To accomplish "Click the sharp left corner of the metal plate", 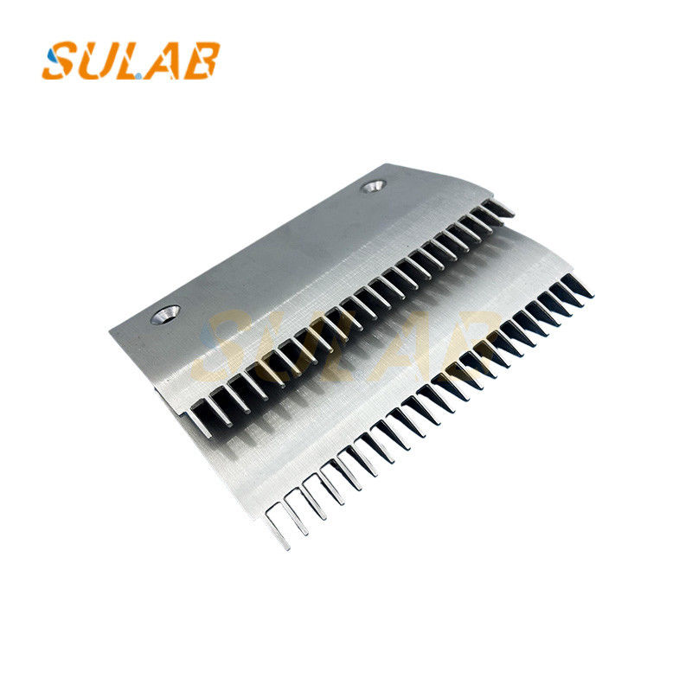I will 112,331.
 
